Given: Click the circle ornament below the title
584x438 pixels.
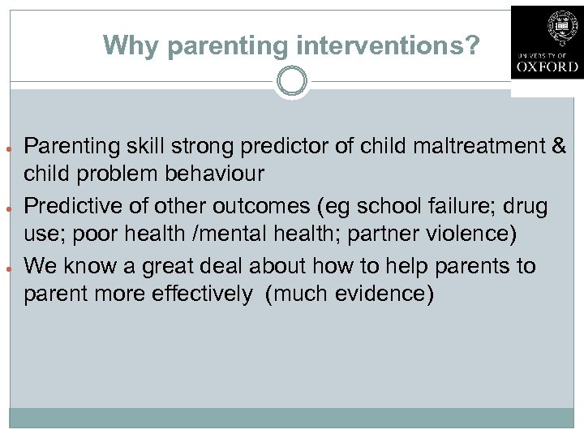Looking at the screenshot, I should [x=291, y=81].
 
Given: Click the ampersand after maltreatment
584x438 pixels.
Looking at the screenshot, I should [x=558, y=146].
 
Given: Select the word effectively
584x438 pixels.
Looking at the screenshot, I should [x=206, y=294].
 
